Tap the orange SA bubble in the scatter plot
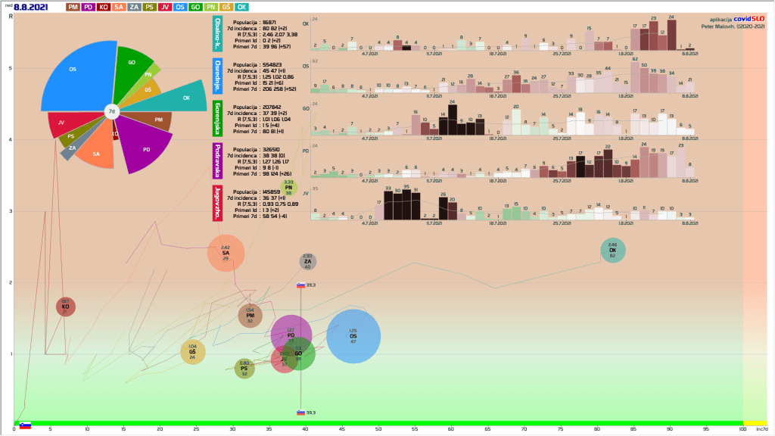pyautogui.click(x=226, y=253)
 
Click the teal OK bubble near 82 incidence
pyautogui.click(x=612, y=251)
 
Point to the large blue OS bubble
pyautogui.click(x=353, y=336)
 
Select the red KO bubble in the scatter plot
pyautogui.click(x=65, y=307)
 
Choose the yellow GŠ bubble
pyautogui.click(x=192, y=352)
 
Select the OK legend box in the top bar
pyautogui.click(x=242, y=7)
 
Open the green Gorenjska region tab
pyautogui.click(x=217, y=117)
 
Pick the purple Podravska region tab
pyautogui.click(x=217, y=160)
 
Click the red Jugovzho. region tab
pyautogui.click(x=217, y=202)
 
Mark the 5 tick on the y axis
pyautogui.click(x=10, y=68)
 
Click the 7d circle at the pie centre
pyautogui.click(x=111, y=111)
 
